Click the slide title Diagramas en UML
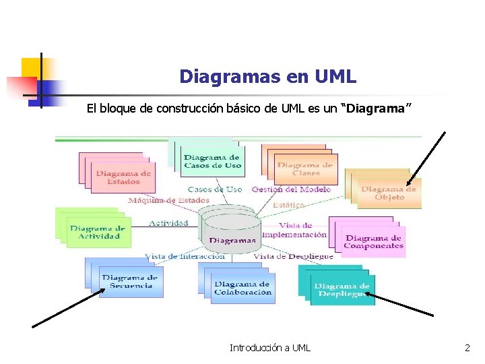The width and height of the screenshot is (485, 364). (x=267, y=77)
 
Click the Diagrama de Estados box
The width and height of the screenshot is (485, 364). (x=123, y=177)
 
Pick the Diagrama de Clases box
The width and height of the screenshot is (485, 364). (x=304, y=169)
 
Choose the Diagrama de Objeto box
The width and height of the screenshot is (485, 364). (x=389, y=193)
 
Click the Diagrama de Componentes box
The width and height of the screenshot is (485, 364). (x=373, y=241)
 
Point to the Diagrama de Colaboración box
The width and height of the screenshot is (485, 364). (x=243, y=289)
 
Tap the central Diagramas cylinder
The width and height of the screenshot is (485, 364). (x=232, y=233)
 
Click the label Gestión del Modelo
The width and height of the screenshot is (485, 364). (x=291, y=189)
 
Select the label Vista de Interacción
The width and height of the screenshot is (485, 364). (x=185, y=256)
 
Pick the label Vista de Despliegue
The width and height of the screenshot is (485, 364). (x=293, y=256)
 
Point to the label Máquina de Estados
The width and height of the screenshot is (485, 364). (x=168, y=200)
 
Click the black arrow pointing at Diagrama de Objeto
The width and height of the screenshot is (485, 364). (x=426, y=157)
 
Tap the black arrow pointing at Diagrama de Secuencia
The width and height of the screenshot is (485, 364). (x=67, y=307)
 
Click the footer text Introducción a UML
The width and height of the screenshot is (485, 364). (x=270, y=348)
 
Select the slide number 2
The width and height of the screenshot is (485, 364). (x=467, y=348)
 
